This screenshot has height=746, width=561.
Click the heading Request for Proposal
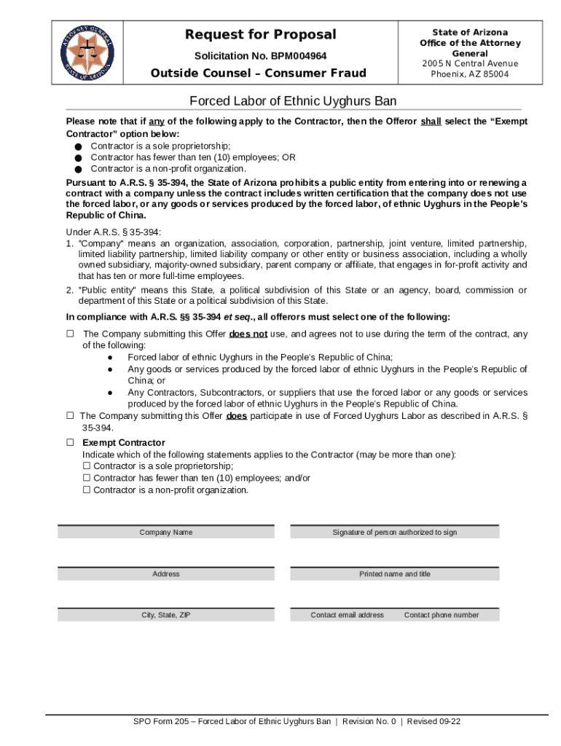[260, 34]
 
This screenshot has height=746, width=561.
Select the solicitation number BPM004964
[260, 56]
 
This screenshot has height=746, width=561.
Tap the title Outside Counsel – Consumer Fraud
[258, 73]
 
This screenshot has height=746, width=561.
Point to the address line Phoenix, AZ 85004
[469, 74]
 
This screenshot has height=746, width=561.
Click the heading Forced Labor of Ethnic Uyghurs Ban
[293, 101]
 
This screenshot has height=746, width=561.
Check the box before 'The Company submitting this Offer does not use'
[71, 334]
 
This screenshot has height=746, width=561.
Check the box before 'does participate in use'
[71, 416]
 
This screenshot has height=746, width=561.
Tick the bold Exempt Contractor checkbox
[71, 442]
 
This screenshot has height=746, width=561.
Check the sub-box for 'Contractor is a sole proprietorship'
[87, 466]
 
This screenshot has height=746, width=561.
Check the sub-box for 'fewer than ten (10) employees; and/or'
[87, 478]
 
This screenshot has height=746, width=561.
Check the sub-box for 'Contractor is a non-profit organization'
[87, 490]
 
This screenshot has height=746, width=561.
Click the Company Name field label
[166, 533]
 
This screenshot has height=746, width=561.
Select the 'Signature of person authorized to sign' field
[395, 533]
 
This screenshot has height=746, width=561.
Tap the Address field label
[166, 574]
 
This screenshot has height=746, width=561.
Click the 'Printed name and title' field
[395, 574]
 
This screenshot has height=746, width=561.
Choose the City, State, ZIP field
[166, 615]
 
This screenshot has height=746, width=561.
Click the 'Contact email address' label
[347, 615]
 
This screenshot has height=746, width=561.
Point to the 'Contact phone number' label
[442, 615]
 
